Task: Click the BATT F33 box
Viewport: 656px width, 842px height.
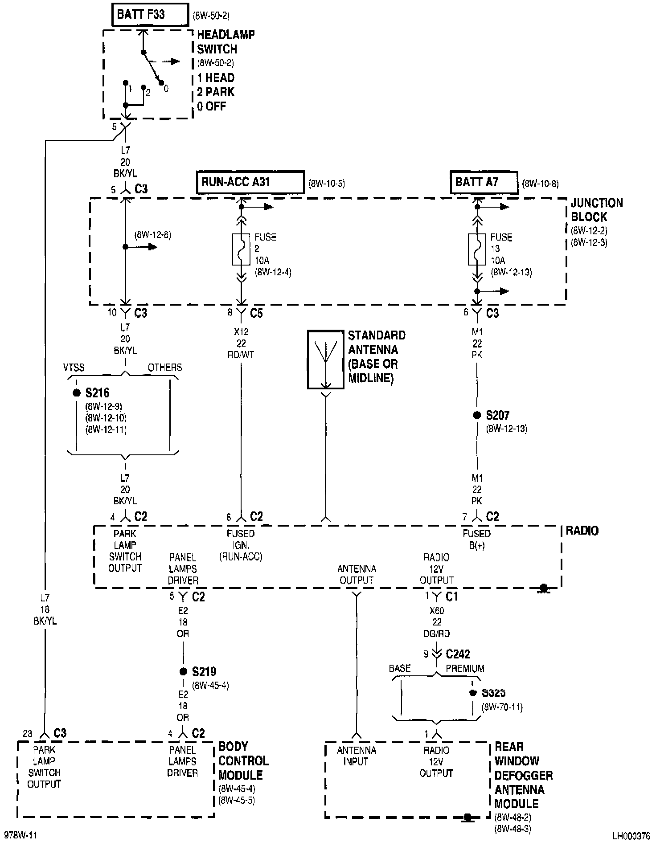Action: [150, 15]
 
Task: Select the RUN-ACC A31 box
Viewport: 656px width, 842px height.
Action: [250, 182]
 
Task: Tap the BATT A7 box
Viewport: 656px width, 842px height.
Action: [484, 182]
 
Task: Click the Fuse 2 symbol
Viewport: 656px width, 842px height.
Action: [241, 249]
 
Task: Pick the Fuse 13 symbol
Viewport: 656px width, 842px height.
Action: [477, 249]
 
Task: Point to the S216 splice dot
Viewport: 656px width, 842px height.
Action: [77, 393]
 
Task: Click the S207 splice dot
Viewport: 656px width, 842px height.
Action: [477, 415]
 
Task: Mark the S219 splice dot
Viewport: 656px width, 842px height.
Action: [183, 672]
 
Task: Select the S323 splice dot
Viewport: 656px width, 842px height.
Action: [473, 693]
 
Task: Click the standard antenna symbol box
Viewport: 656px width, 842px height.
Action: [325, 360]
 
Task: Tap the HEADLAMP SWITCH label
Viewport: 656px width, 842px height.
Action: [225, 42]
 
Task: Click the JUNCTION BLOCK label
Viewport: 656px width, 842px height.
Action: [596, 210]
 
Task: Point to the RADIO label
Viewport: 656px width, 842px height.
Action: [582, 531]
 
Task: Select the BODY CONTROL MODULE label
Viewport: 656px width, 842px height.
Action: [243, 761]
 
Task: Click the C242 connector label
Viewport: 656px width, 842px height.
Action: [458, 654]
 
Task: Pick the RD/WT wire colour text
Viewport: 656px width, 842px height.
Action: [241, 355]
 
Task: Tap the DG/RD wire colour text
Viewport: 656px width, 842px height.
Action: [437, 634]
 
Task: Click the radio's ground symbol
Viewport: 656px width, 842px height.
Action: [543, 589]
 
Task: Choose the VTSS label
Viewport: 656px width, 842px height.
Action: [74, 368]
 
